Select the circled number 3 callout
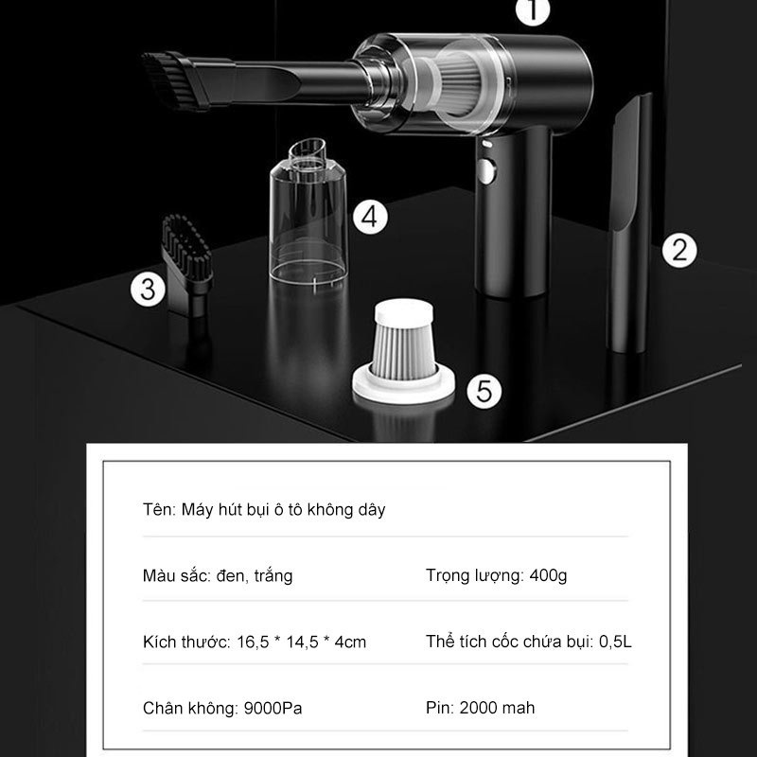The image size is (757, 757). pos(147,289)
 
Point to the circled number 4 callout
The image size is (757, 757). pos(371,217)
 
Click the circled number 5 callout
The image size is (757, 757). pos(484,391)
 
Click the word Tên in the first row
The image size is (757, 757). pos(152,509)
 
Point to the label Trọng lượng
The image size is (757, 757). pos(470,575)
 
